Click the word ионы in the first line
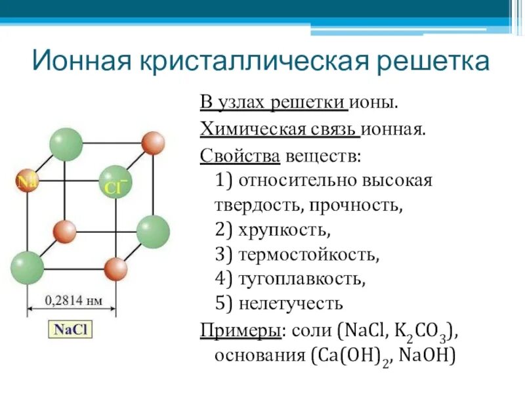373,103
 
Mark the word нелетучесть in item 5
290,304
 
